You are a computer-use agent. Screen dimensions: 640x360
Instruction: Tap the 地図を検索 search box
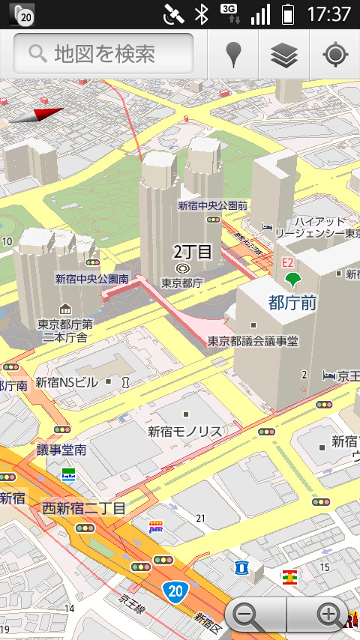103,54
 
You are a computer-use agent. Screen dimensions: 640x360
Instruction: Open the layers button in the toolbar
284,55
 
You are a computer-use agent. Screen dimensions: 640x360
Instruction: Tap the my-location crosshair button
334,55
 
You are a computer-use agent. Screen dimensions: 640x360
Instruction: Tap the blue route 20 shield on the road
175,591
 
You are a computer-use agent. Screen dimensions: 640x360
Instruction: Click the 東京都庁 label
182,283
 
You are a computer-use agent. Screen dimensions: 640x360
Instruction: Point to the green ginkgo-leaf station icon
292,280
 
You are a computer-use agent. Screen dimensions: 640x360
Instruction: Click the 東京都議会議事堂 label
253,341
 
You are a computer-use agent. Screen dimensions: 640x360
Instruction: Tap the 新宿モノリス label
184,431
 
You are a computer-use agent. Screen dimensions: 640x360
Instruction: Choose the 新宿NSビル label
67,382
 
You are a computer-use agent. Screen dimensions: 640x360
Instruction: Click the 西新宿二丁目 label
84,508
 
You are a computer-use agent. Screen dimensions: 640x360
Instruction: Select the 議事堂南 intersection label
61,450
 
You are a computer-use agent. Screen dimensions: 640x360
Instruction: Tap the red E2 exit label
287,262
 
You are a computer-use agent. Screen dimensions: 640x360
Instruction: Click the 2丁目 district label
193,251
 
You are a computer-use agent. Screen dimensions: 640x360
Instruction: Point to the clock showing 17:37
328,14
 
